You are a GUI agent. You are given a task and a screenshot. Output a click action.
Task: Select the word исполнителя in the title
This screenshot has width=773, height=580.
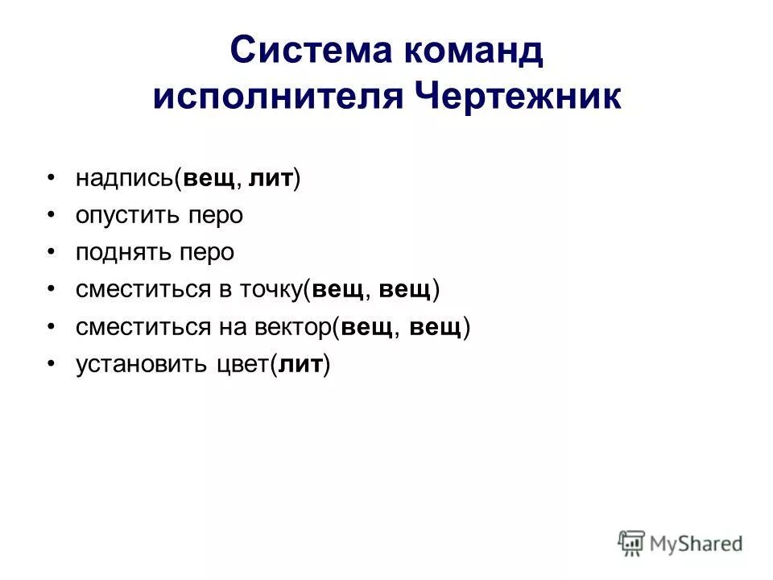[x=277, y=97]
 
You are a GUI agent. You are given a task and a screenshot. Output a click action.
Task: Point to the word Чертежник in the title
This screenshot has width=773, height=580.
[x=518, y=97]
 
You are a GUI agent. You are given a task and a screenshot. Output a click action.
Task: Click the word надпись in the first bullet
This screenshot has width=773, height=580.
[x=125, y=179]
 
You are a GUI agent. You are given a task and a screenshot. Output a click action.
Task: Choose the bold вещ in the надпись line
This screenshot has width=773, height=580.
[x=209, y=179]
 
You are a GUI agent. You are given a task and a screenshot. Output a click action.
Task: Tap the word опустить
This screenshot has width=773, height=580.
[x=127, y=216]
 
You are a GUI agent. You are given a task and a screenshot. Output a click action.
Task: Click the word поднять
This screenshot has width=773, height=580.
[x=123, y=253]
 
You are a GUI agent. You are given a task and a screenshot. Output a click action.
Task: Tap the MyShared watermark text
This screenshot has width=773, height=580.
[x=696, y=544]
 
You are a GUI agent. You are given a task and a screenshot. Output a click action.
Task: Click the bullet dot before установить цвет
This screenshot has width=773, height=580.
[x=51, y=364]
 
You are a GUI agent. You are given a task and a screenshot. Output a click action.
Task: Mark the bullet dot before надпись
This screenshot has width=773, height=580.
[x=51, y=179]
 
